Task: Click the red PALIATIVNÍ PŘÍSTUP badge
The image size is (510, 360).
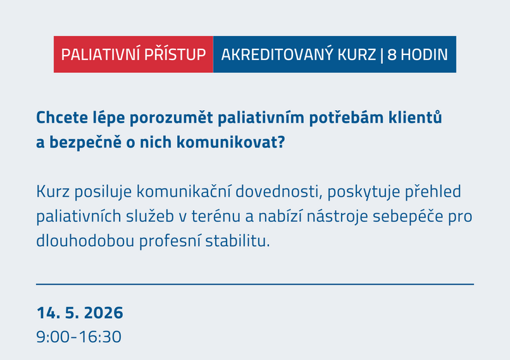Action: pos(134,54)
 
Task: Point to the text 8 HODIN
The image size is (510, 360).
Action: pos(418,54)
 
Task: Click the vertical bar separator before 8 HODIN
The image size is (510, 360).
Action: pos(382,54)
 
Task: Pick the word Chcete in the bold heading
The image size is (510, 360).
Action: pos(59,118)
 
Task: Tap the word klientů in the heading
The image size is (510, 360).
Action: pos(416,118)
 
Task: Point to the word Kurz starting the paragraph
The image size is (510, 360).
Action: pos(51,192)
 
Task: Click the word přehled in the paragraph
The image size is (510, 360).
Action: pos(435,192)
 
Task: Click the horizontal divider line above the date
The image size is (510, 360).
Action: pos(255,285)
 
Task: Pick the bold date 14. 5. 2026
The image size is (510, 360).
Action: pos(80,313)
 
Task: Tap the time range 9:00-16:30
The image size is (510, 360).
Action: pos(78,337)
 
